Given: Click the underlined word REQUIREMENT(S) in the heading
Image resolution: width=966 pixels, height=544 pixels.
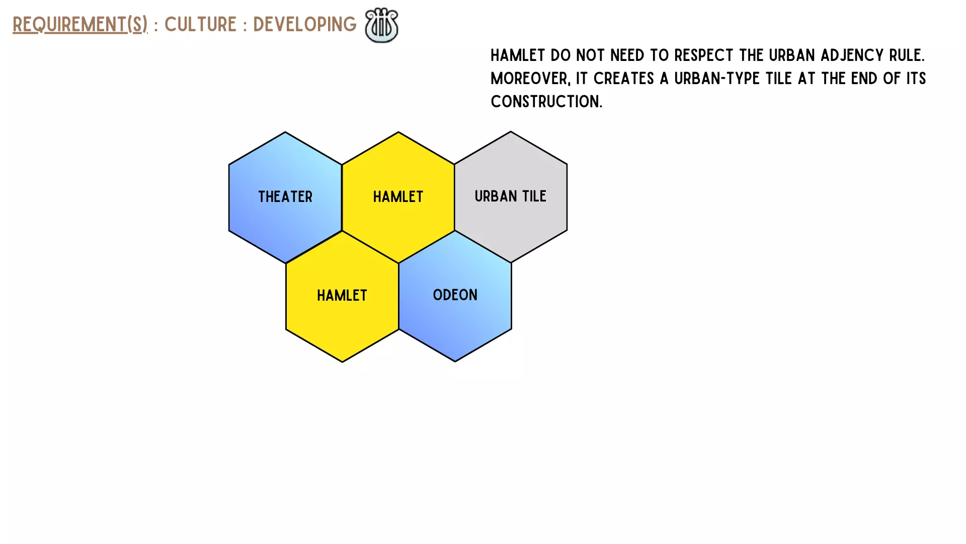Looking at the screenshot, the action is coord(80,24).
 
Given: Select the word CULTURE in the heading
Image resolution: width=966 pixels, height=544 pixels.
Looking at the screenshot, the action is coord(200,24).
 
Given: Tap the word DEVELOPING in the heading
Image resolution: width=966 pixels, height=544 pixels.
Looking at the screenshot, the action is coord(304,24).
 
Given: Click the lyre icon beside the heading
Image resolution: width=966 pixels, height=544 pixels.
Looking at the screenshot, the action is coord(381,25).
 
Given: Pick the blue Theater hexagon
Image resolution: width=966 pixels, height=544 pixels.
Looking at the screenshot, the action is coord(285,197).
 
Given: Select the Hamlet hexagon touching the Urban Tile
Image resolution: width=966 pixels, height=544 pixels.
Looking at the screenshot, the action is coord(398,197).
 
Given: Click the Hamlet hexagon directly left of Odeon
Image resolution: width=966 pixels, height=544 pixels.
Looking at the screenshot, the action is coord(342,296).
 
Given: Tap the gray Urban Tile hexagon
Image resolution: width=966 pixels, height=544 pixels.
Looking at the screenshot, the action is coord(511,196).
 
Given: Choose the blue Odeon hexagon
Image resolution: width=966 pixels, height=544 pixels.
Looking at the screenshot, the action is coord(455,296).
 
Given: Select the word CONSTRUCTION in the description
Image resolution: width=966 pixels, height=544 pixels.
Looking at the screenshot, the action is coord(546,102).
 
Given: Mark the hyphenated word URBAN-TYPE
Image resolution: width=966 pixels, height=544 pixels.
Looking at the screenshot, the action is coord(717,79).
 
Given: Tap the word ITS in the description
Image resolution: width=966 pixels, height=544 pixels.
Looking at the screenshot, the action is coord(916,79).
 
